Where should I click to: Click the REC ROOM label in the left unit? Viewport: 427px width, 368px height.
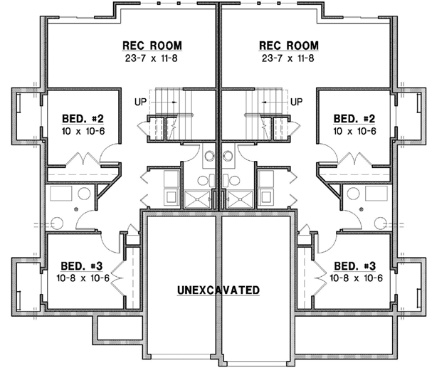click(x=152, y=46)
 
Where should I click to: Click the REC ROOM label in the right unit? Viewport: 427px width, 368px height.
click(x=287, y=46)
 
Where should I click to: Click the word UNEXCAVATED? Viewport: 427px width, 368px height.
click(x=218, y=290)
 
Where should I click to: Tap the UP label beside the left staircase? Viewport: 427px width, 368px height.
click(x=141, y=102)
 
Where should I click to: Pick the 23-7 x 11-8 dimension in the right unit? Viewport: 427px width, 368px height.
click(x=287, y=58)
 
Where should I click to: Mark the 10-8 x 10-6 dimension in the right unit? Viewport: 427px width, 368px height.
click(x=356, y=278)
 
